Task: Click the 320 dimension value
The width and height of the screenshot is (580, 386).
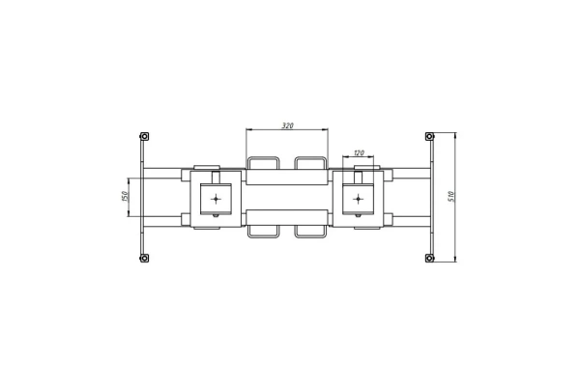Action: point(287,125)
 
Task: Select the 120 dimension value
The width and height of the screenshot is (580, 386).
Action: point(359,152)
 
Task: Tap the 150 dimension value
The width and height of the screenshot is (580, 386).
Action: point(125,196)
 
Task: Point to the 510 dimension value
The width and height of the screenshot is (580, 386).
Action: point(450,196)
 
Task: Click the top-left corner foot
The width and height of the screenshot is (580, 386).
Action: point(144,137)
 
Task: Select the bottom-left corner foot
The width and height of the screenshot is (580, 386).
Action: point(144,258)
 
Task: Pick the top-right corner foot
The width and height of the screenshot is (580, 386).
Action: point(429,137)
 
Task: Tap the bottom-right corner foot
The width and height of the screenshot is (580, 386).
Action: point(429,258)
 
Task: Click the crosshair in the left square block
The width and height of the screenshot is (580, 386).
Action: point(216,200)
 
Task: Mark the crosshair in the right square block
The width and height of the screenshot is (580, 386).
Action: point(358,200)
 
